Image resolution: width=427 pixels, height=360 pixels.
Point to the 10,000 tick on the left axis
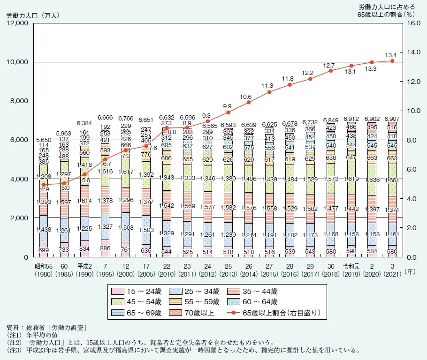pyautogui.click(x=18, y=62)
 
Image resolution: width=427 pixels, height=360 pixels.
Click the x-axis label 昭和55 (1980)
pyautogui.click(x=43, y=273)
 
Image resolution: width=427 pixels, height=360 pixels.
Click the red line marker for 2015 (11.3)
pyautogui.click(x=269, y=92)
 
